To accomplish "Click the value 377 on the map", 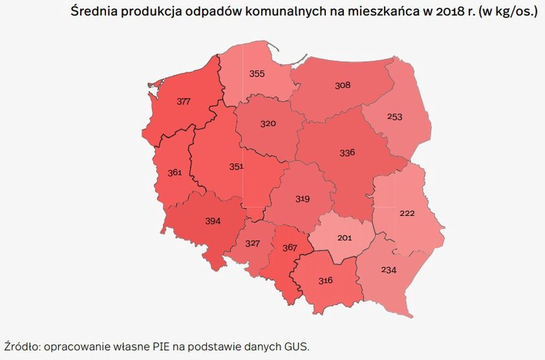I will coord(184,101).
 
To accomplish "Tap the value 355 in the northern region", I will coord(257,74).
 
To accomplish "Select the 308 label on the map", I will coord(342,85).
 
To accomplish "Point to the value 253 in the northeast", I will coord(394,116).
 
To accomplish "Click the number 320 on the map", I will coord(268,123).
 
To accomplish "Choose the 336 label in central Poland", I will coord(347,153).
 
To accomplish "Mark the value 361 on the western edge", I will coord(175,173).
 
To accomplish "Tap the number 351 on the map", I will coord(236,166).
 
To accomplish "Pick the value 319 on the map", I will coord(303,198).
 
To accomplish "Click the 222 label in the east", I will coord(407,213).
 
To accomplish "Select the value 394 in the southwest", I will coord(213,221).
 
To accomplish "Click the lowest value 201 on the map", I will coord(345,237).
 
